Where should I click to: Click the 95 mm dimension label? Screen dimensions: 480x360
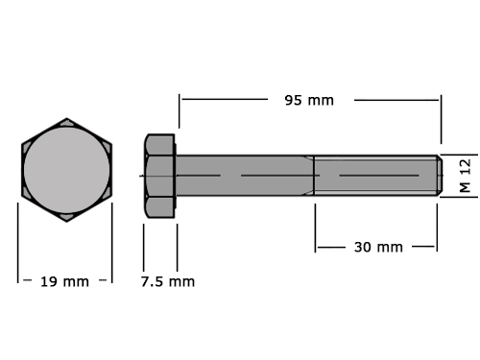pyautogui.click(x=309, y=101)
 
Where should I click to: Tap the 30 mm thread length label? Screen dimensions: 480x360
pyautogui.click(x=378, y=247)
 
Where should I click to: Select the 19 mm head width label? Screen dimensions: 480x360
pyautogui.click(x=64, y=282)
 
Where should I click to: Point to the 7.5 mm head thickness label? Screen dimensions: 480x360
pyautogui.click(x=168, y=282)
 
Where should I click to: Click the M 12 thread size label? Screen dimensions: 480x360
pyautogui.click(x=466, y=176)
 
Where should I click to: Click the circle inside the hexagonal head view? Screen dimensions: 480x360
pyautogui.click(x=66, y=170)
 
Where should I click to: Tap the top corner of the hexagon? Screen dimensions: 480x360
pyautogui.click(x=66, y=118)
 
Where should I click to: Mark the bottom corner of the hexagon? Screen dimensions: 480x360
pyautogui.click(x=66, y=222)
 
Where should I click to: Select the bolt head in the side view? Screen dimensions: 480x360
pyautogui.click(x=159, y=176)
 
